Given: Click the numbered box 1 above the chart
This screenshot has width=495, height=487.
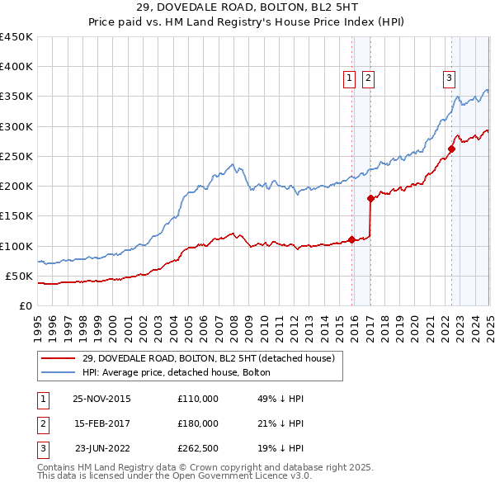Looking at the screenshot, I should tap(349, 78).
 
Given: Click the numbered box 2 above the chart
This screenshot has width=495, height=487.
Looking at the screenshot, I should tap(368, 78).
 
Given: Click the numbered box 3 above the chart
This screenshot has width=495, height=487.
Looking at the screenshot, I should tap(449, 78).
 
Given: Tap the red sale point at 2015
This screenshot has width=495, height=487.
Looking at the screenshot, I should tap(352, 239).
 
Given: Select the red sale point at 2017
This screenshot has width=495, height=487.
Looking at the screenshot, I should tap(370, 198).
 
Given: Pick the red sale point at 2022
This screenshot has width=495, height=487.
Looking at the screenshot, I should tap(451, 149).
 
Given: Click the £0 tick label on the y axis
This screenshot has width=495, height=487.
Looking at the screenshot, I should tap(27, 305).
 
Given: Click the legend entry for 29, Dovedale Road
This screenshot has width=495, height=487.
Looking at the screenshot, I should tap(208, 358).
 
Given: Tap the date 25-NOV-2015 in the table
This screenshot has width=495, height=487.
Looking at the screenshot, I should tap(101, 399).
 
